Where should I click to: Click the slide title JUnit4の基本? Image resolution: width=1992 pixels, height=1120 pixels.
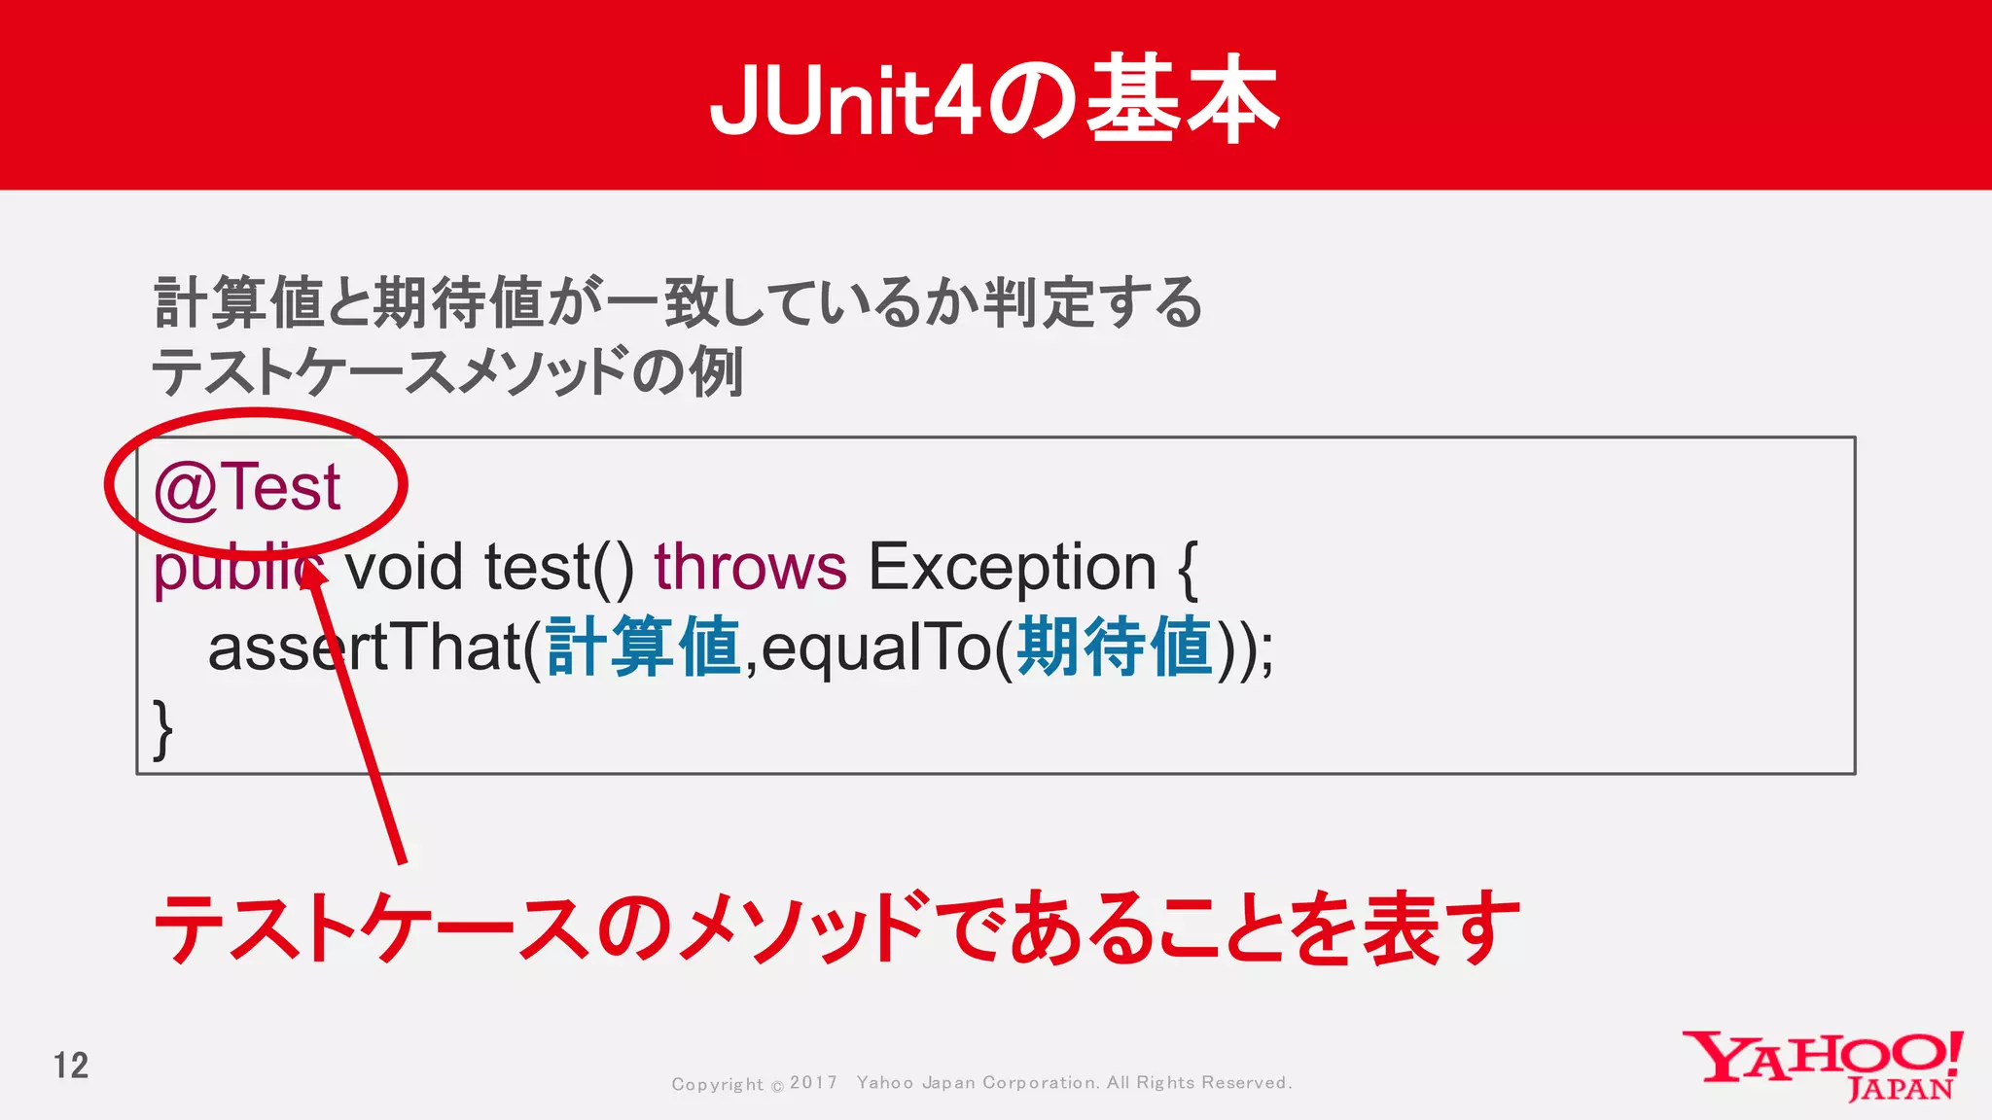point(994,99)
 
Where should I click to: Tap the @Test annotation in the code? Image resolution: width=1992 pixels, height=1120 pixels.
point(247,487)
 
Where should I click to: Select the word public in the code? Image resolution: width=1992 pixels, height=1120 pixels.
point(233,568)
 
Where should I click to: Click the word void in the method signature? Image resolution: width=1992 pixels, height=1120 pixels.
point(404,568)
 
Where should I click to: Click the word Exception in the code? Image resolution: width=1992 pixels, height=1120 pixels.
point(1012,568)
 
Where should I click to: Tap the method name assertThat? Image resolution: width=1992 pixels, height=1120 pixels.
point(365,648)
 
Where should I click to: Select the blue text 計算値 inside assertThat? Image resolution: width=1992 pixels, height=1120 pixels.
point(644,647)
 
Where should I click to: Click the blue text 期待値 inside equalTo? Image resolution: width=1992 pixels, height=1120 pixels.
point(1115,647)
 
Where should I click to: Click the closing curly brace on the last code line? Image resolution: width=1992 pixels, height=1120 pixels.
point(163,728)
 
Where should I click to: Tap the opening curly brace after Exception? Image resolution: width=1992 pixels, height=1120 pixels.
point(1188,570)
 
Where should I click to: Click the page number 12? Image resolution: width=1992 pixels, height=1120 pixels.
point(71,1066)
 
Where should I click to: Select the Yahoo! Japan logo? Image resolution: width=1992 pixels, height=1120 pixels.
point(1823,1065)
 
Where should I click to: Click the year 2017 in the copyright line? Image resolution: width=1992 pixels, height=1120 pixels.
point(813,1082)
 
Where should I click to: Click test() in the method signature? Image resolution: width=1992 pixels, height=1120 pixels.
point(558,568)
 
